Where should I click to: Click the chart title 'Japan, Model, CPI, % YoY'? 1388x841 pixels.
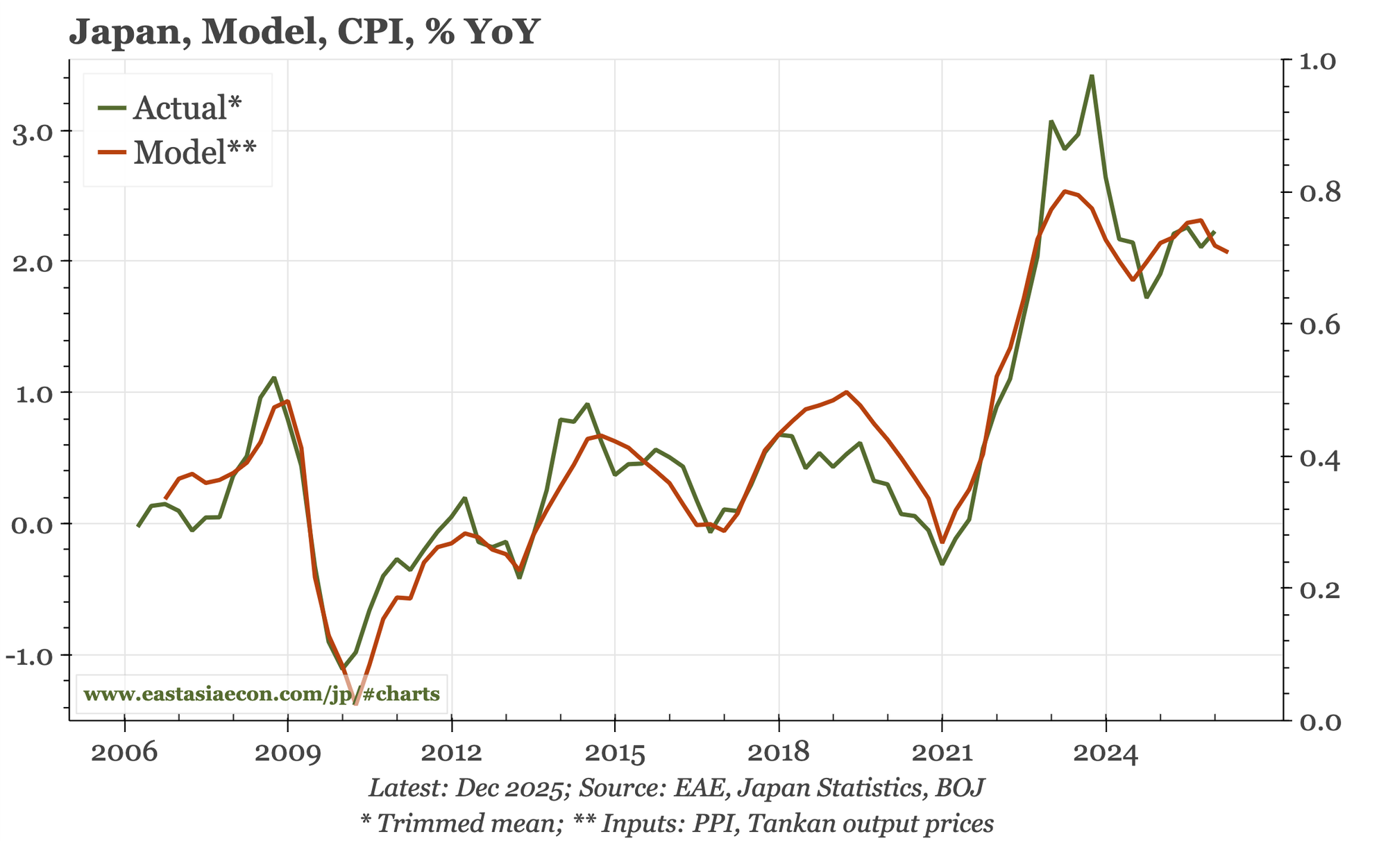coord(303,32)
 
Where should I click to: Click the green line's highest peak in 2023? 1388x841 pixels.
coord(1092,76)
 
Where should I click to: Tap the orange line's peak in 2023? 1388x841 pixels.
coord(1065,191)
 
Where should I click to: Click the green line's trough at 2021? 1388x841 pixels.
coord(942,563)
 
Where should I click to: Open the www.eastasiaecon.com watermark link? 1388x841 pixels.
coord(262,694)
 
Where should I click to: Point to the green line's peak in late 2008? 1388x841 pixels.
coord(273,377)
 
